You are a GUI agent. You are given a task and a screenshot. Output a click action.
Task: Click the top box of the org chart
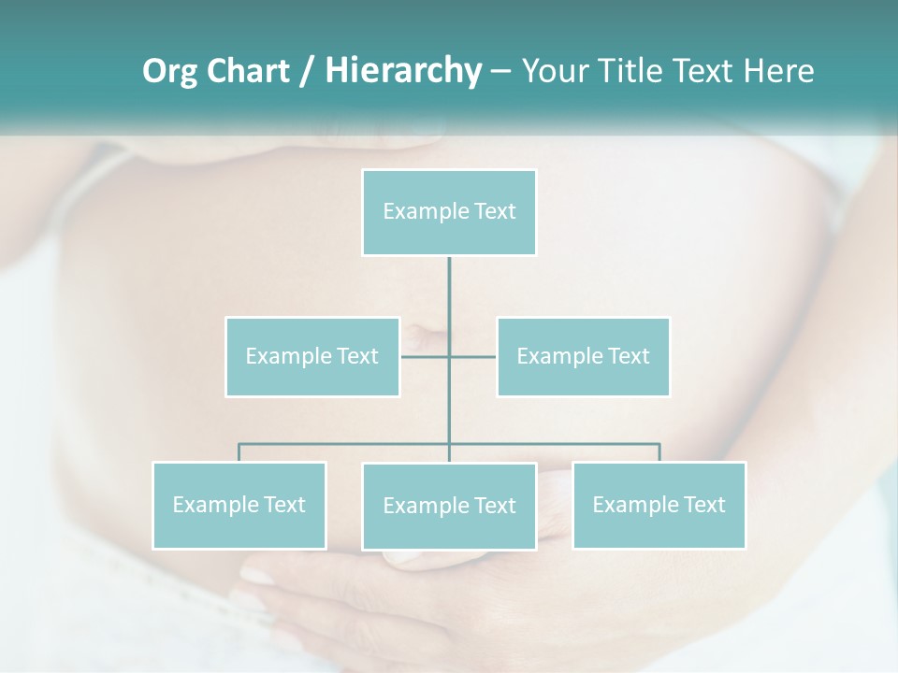click(449, 212)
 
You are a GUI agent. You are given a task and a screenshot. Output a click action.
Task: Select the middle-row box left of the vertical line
click(312, 356)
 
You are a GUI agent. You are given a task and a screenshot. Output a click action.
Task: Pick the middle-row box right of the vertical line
click(583, 356)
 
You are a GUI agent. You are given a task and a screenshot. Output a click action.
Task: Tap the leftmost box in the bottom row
click(239, 505)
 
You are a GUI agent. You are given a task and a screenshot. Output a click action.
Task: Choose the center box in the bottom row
click(449, 506)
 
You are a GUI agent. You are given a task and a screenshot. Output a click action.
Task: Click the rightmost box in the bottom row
click(659, 505)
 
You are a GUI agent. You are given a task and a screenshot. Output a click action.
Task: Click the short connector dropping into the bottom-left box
click(239, 452)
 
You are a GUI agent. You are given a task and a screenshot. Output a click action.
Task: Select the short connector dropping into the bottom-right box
click(659, 452)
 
